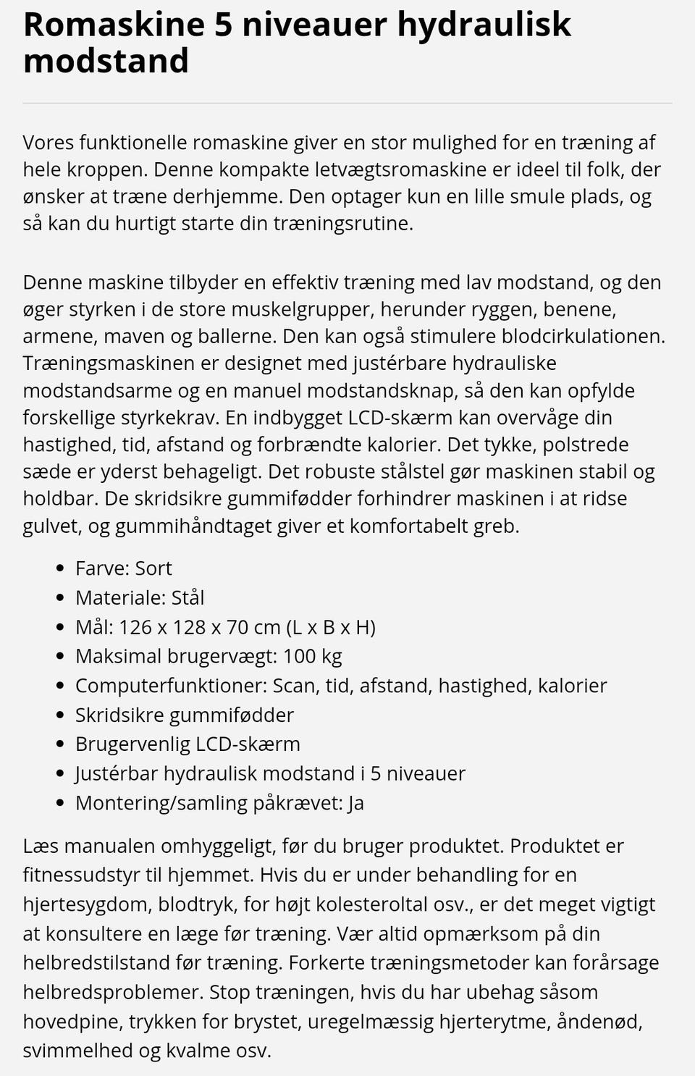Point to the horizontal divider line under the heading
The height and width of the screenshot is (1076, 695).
point(347,104)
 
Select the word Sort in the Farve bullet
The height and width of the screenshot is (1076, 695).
point(153,568)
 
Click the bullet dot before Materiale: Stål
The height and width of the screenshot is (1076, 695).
point(60,598)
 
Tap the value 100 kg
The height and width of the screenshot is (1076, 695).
point(313,656)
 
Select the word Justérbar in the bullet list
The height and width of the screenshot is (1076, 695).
point(117,773)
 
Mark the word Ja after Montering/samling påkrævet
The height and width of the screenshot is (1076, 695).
point(355,803)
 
